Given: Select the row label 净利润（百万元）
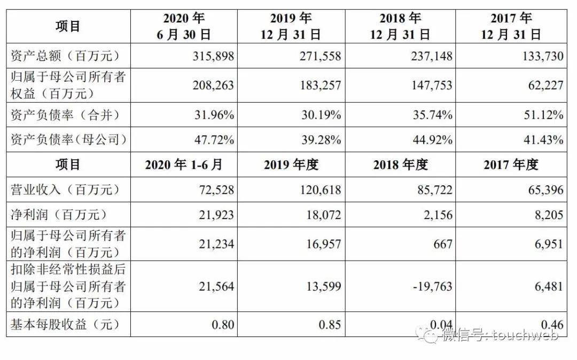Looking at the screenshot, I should [x=59, y=215].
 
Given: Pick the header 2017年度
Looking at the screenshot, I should [x=511, y=165].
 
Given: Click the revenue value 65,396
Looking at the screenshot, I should [x=544, y=190].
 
